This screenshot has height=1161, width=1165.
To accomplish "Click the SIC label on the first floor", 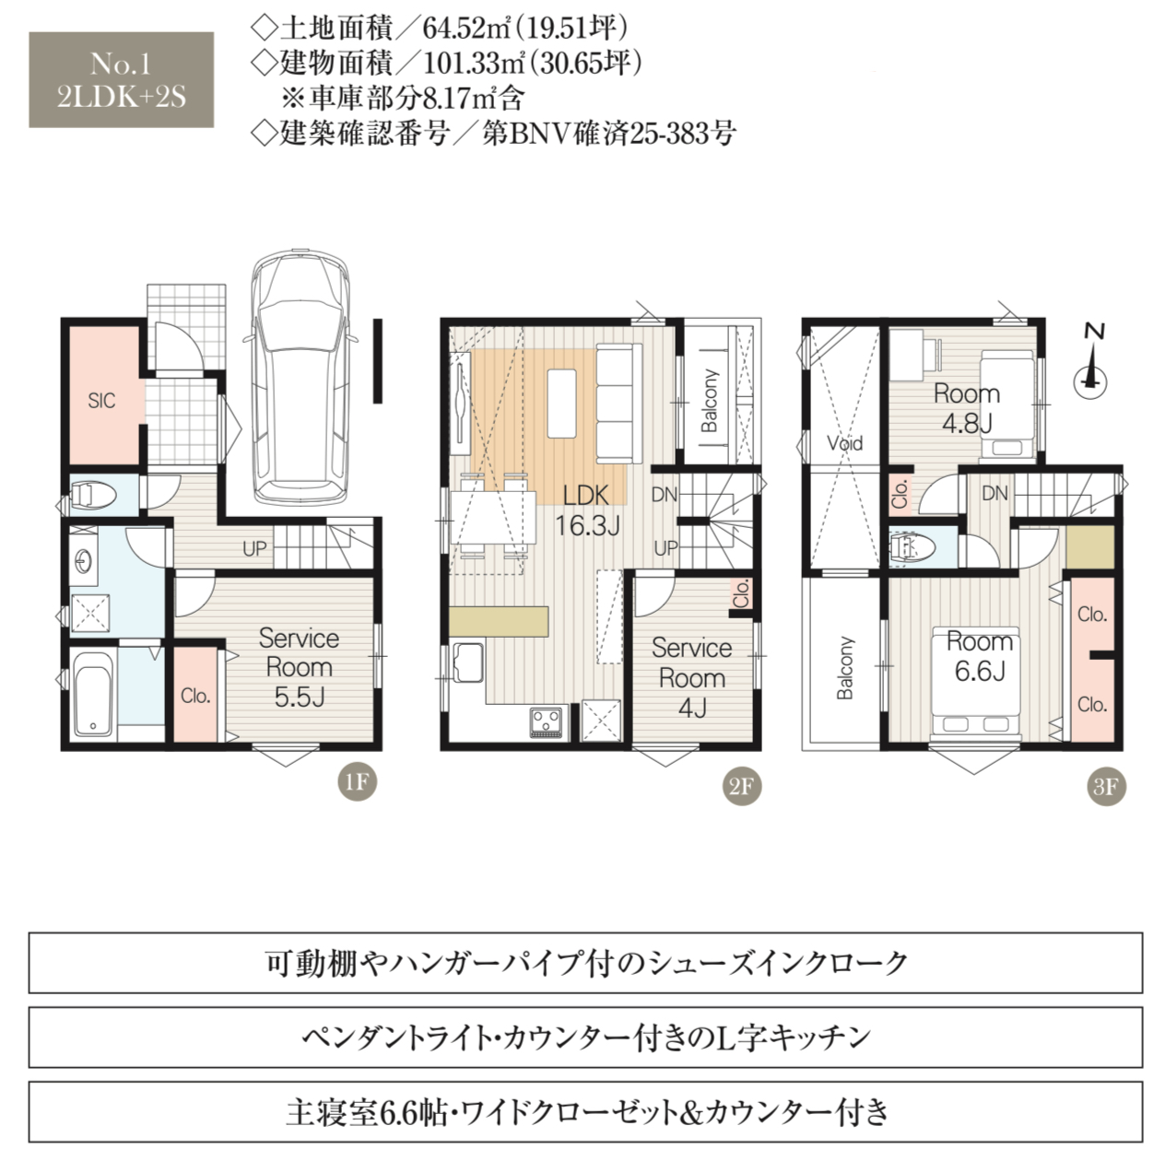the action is click(101, 400).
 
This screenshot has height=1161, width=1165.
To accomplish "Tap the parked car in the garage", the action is click(300, 378).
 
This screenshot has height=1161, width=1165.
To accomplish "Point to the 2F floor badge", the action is click(742, 786).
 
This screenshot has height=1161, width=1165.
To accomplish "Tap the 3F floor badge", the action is click(1106, 786).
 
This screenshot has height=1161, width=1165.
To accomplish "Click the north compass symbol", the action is click(1090, 369).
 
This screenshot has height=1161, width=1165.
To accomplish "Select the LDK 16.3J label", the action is click(587, 511).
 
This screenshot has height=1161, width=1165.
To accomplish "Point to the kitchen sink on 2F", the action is click(468, 663).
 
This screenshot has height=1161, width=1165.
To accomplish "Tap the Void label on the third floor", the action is click(844, 443).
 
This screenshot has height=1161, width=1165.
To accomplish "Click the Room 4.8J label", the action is click(967, 409).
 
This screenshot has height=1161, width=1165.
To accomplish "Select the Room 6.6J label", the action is click(980, 656).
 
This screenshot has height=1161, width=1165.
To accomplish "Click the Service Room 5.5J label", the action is click(300, 667).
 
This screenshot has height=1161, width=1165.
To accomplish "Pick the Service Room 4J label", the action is click(691, 678).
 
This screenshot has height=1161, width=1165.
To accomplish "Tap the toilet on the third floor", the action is click(913, 548).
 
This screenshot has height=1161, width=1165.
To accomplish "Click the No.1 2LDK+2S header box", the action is click(122, 80).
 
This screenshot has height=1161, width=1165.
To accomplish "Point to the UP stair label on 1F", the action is click(254, 548).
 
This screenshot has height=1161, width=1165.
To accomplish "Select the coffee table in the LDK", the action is click(561, 403).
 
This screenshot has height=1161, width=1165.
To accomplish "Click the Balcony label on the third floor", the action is click(845, 667).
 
